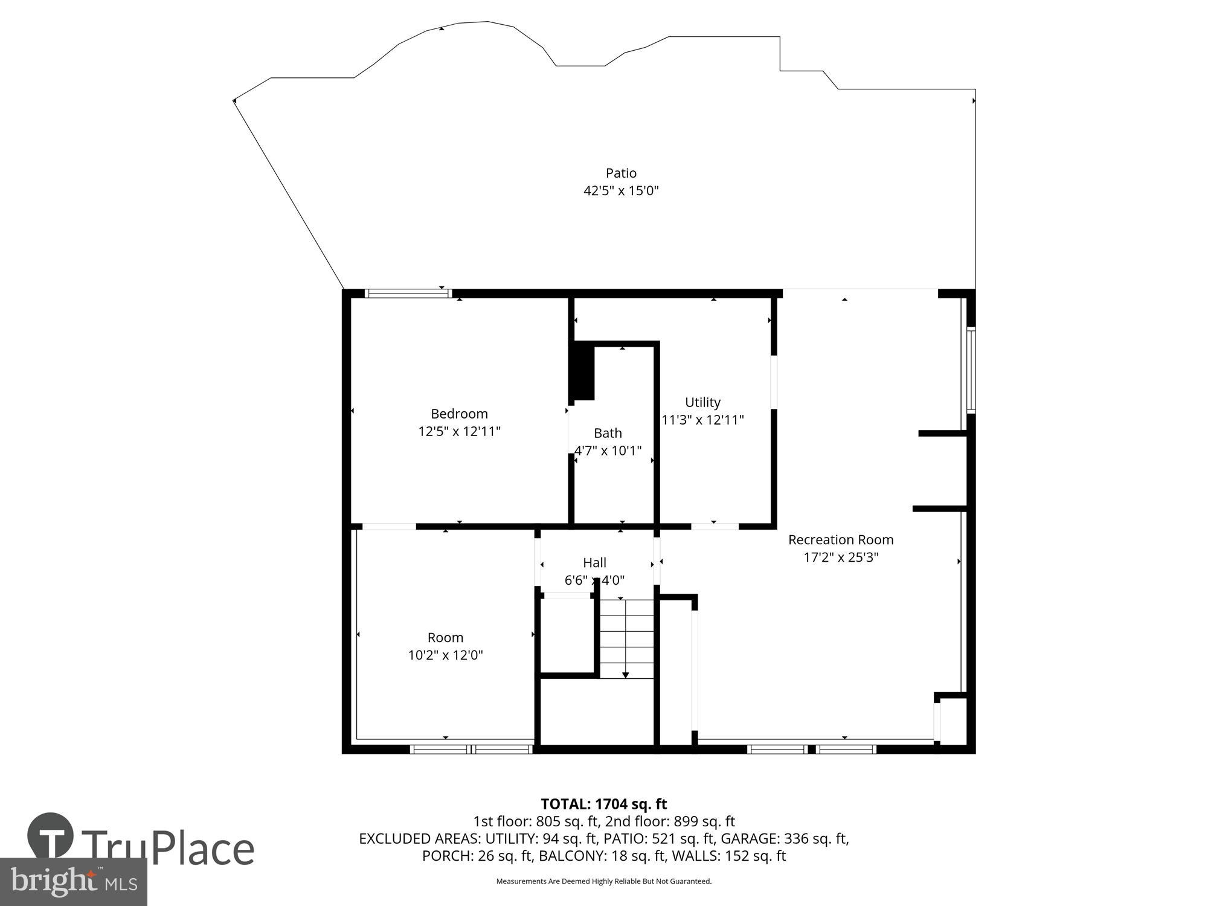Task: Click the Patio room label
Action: pyautogui.click(x=621, y=173)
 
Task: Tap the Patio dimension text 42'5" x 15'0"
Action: pyautogui.click(x=621, y=191)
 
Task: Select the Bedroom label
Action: pyautogui.click(x=459, y=414)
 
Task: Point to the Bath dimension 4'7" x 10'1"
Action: pyautogui.click(x=608, y=451)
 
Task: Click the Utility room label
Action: pyautogui.click(x=702, y=402)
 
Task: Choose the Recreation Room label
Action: pyautogui.click(x=840, y=539)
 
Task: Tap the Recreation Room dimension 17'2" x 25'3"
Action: pyautogui.click(x=840, y=557)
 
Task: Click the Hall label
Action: pyautogui.click(x=594, y=563)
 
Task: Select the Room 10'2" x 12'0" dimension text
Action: pyautogui.click(x=445, y=655)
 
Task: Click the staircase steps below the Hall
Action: pyautogui.click(x=626, y=634)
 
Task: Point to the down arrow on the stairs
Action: pyautogui.click(x=625, y=674)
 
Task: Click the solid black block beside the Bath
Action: pyautogui.click(x=583, y=370)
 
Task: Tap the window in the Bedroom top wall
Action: pyautogui.click(x=409, y=294)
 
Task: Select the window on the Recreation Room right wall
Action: pyautogui.click(x=971, y=370)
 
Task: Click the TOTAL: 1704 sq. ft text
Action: pyautogui.click(x=603, y=804)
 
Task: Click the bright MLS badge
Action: pyautogui.click(x=73, y=882)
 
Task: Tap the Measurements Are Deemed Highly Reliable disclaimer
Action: pyautogui.click(x=603, y=881)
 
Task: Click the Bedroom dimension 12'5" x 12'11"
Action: pyautogui.click(x=459, y=431)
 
